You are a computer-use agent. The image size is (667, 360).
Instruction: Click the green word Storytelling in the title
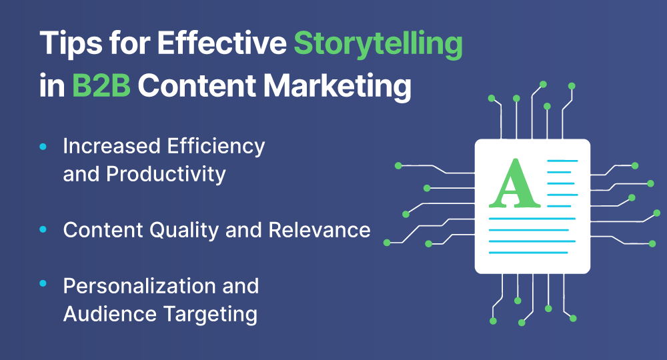click(x=378, y=44)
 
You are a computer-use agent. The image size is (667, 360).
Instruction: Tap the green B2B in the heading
click(x=101, y=85)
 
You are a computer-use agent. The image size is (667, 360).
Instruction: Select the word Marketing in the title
click(x=338, y=87)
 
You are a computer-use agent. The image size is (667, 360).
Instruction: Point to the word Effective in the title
click(x=221, y=43)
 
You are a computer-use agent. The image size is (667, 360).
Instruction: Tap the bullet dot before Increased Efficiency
click(x=43, y=147)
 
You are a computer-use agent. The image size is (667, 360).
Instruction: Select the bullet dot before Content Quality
click(x=43, y=229)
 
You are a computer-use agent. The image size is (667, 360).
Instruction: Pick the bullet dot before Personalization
click(x=43, y=283)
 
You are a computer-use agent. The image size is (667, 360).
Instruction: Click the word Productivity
click(x=166, y=175)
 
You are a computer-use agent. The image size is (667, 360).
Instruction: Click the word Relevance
click(x=319, y=231)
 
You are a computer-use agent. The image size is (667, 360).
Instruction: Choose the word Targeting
click(x=211, y=315)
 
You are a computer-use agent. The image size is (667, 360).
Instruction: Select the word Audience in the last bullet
click(x=110, y=314)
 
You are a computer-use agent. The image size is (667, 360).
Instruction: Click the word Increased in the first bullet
click(x=112, y=147)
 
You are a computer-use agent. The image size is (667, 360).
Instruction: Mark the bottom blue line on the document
click(x=528, y=253)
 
